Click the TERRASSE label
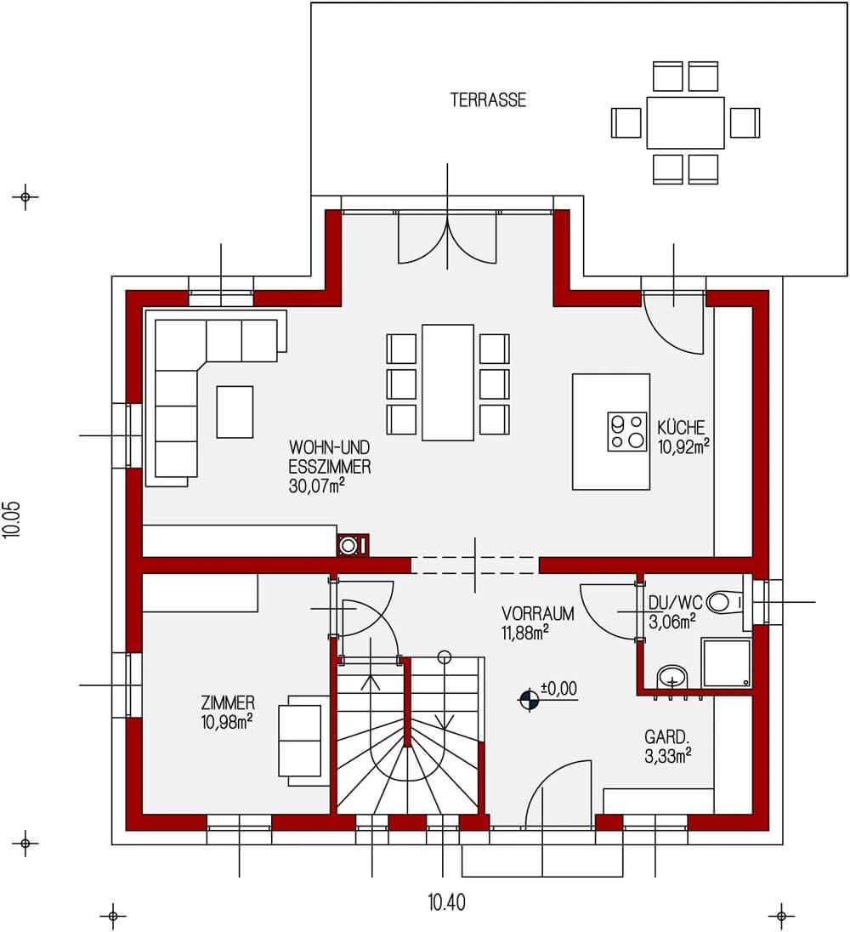[x=488, y=99]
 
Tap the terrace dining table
[x=685, y=122]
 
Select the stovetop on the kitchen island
[x=626, y=431]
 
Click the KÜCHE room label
[x=682, y=428]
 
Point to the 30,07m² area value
[x=317, y=486]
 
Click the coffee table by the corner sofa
[x=235, y=412]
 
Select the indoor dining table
[x=448, y=382]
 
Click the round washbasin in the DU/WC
[x=671, y=677]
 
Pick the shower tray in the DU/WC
[x=726, y=662]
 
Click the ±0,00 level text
[x=559, y=688]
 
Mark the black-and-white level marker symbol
[x=529, y=700]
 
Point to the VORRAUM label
[x=537, y=613]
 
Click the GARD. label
[x=667, y=737]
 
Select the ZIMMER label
[x=228, y=703]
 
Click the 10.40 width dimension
[x=447, y=903]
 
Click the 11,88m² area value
[x=525, y=633]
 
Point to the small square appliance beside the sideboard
[x=353, y=545]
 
